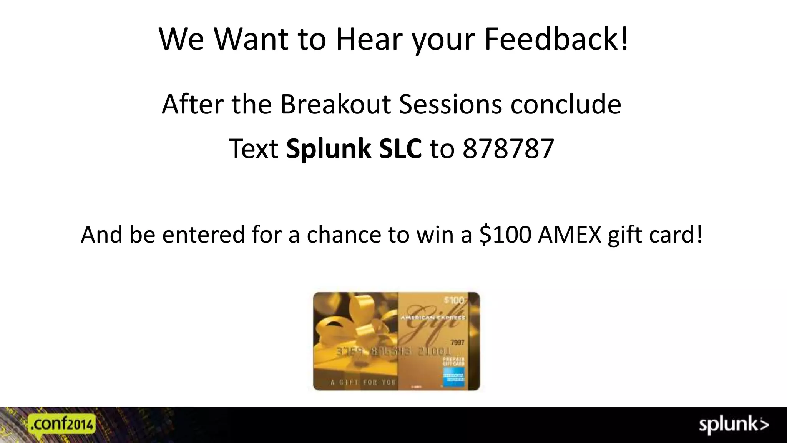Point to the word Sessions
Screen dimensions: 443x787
[450, 104]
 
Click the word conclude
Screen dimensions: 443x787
[566, 104]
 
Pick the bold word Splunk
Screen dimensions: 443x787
[329, 149]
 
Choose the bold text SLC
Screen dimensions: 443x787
[400, 149]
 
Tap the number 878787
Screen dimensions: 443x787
[508, 149]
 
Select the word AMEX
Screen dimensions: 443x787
[569, 235]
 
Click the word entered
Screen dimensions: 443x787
[203, 235]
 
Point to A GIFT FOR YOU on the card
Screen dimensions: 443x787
[363, 382]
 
